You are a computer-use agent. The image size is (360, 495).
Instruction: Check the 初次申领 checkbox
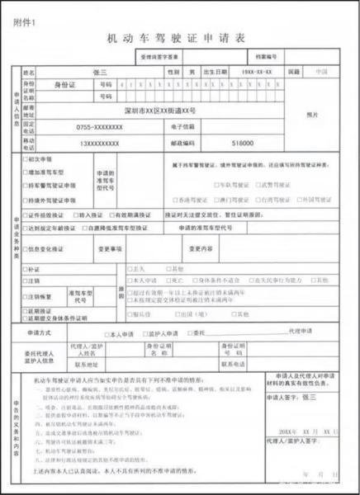coord(29,158)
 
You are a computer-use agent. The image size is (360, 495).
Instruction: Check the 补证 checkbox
coord(29,269)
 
